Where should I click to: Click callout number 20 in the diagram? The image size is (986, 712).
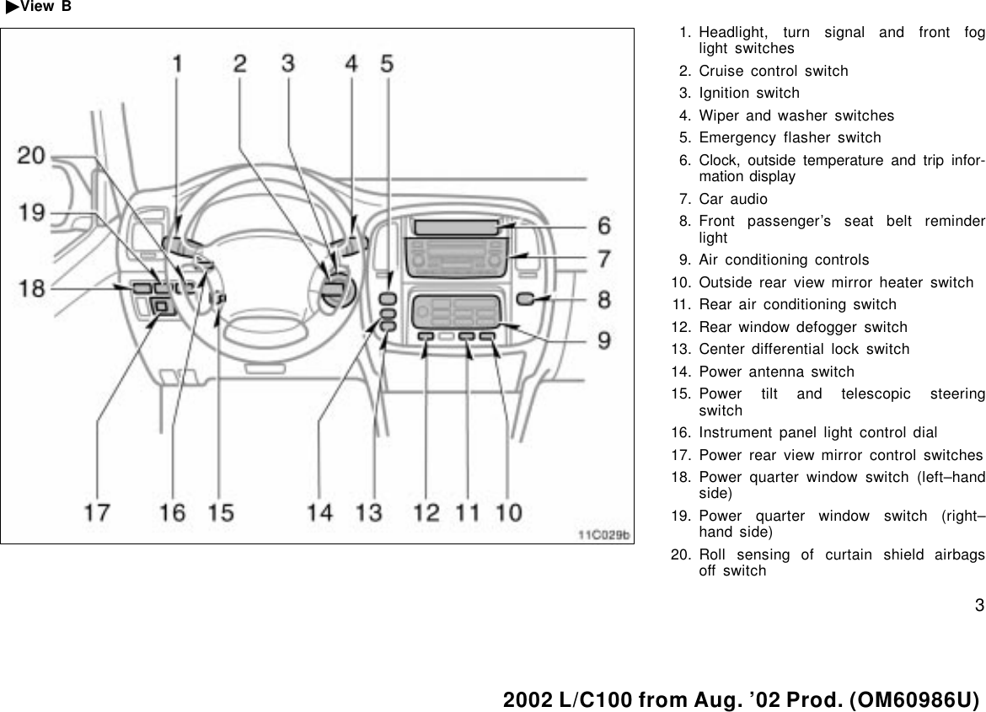tap(35, 156)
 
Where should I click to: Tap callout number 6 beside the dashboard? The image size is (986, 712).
tap(604, 226)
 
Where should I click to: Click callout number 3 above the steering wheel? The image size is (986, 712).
tap(288, 63)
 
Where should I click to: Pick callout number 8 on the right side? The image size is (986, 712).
tap(604, 299)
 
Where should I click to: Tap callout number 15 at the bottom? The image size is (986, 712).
tap(221, 511)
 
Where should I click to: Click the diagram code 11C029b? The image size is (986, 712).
tap(603, 533)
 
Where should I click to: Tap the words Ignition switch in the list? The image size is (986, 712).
tap(749, 93)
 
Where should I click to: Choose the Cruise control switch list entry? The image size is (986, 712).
tap(774, 71)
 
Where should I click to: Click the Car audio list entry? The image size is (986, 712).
tap(733, 200)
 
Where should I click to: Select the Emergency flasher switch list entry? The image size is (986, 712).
tap(790, 137)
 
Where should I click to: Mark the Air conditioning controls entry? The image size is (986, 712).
tap(784, 260)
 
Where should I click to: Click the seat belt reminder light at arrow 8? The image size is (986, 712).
tap(524, 298)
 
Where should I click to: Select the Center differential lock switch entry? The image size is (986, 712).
tap(804, 349)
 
